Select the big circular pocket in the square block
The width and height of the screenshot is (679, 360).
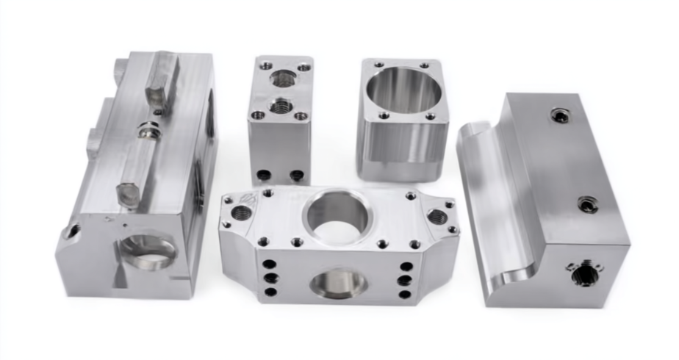point(403,90)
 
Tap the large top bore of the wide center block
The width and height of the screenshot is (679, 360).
point(337,213)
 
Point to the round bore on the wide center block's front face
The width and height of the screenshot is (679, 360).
point(339,283)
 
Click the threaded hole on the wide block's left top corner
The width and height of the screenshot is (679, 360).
point(242,213)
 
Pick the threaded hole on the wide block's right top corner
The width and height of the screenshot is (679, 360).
point(436,216)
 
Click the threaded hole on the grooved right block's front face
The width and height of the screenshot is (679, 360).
point(584,274)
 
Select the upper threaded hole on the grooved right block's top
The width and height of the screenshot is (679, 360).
point(561,115)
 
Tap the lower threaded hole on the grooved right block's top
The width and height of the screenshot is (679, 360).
point(587,204)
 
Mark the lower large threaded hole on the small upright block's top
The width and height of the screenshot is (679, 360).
point(279,107)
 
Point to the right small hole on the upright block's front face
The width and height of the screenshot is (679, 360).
point(296,176)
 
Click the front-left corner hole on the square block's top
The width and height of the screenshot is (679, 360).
point(384,115)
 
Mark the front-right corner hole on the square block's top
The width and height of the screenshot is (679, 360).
point(430,117)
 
